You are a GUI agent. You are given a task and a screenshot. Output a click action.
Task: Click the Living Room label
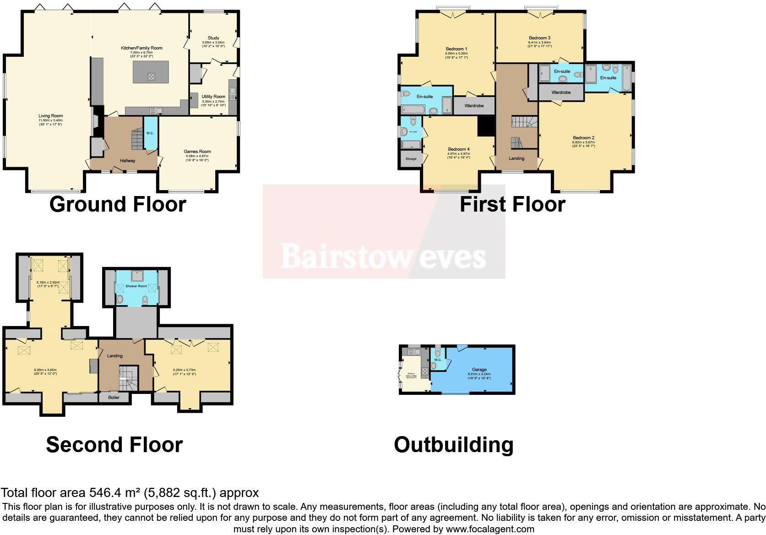(51, 116)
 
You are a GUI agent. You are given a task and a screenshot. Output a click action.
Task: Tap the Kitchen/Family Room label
(141, 48)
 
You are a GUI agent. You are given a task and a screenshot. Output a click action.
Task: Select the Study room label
(213, 38)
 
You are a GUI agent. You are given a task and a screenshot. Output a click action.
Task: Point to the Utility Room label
(213, 97)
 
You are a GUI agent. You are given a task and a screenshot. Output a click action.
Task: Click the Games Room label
(197, 152)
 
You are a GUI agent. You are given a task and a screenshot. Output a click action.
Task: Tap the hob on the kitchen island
(151, 76)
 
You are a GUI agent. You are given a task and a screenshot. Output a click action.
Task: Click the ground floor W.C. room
(150, 133)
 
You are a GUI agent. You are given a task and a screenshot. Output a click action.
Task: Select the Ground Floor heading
(118, 204)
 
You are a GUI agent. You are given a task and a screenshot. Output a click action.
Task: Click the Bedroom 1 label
(456, 49)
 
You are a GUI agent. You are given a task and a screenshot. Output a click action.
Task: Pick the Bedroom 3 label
(539, 38)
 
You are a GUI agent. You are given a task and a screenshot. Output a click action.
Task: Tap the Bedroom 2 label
(583, 138)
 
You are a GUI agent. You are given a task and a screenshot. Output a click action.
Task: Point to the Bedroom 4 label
(459, 149)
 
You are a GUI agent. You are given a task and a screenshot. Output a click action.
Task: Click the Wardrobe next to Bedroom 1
(474, 106)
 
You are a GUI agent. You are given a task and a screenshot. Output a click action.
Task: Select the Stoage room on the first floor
(411, 159)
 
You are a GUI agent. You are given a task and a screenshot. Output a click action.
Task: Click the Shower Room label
(136, 286)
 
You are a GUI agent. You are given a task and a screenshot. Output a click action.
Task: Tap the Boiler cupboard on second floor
(114, 398)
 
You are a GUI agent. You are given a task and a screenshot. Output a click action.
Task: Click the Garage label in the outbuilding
(479, 370)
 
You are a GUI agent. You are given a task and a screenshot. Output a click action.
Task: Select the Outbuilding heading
(453, 445)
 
